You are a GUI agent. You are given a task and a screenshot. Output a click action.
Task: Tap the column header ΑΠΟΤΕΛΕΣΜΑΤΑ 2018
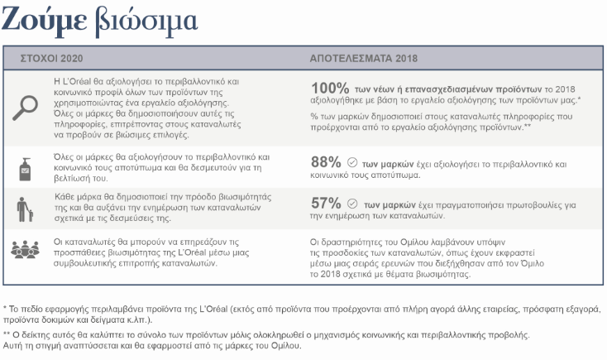tap(364, 59)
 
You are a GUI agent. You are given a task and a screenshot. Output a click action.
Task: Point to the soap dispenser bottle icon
tap(27, 166)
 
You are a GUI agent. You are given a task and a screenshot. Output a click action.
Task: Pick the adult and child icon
tap(27, 207)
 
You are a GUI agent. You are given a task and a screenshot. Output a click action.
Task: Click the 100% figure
tap(328, 87)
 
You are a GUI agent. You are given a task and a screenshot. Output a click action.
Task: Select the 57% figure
tap(325, 203)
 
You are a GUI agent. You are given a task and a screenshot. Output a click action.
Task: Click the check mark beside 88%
tap(352, 162)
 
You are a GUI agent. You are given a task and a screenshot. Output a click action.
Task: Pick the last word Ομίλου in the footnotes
tap(285, 346)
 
